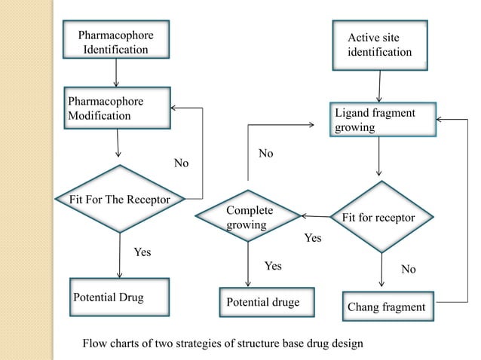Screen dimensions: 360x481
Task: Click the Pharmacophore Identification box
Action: (x=115, y=42)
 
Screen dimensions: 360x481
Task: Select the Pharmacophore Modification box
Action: (x=117, y=110)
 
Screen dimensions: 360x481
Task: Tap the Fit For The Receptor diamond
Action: (x=117, y=199)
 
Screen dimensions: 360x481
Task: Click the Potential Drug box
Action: (x=120, y=297)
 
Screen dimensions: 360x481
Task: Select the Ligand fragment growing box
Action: (x=383, y=120)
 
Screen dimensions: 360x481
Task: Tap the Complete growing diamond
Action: (x=248, y=216)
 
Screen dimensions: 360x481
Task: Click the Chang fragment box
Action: (x=386, y=307)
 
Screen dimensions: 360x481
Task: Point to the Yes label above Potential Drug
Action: (x=142, y=252)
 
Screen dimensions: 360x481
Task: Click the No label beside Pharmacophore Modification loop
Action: (x=182, y=163)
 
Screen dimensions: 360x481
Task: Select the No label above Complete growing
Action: (x=265, y=154)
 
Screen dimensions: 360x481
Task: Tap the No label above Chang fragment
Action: (x=409, y=269)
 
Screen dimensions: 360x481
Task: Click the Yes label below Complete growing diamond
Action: (x=273, y=266)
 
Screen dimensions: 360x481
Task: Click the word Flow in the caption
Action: (x=95, y=344)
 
